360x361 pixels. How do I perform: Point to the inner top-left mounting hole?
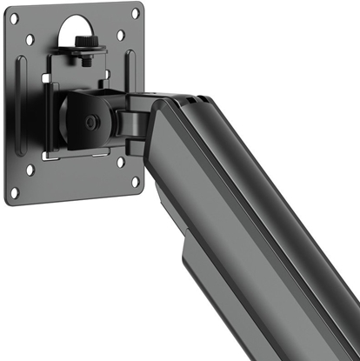(30, 39)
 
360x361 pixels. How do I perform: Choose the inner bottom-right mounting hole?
(120, 162)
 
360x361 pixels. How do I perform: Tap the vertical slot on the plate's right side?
(130, 70)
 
